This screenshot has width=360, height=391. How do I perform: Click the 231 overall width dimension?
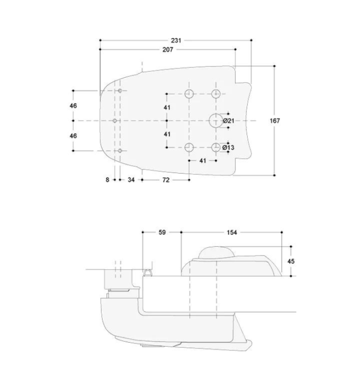point(176,40)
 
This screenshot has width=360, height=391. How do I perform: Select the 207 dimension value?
point(168,49)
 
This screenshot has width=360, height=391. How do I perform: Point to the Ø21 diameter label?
point(228,120)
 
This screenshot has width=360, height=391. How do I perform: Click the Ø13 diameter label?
point(228,147)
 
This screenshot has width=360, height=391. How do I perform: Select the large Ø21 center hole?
point(216,120)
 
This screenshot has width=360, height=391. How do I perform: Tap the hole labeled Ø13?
point(216,147)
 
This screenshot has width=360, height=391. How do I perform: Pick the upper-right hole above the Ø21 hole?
point(216,93)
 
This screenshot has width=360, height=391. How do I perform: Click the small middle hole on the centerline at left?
point(114,120)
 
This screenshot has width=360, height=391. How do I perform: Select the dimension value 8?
point(108,180)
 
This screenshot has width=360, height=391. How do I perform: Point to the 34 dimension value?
point(131,180)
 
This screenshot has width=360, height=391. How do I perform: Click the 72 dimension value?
point(165,180)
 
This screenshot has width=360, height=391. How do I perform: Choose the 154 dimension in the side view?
point(232,233)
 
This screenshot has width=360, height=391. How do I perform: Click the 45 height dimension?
point(291,261)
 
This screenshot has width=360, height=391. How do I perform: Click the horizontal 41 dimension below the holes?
point(202,160)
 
